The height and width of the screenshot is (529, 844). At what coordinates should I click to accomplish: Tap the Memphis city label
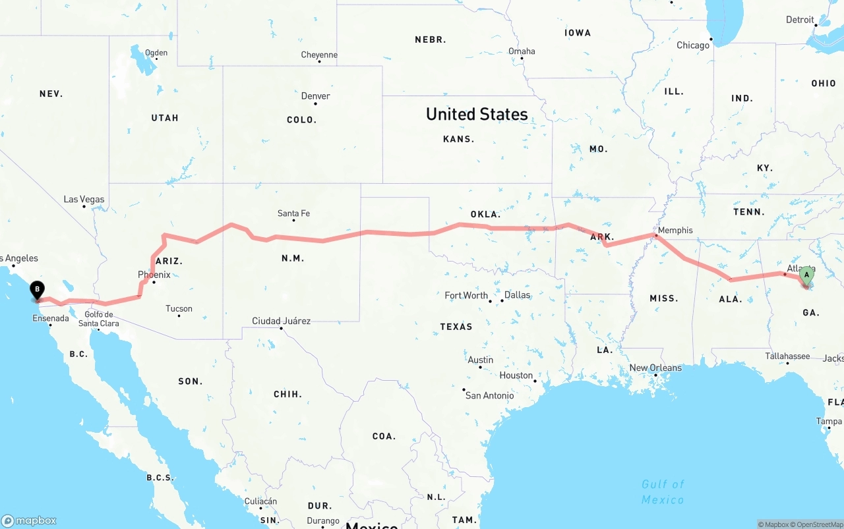[x=675, y=230]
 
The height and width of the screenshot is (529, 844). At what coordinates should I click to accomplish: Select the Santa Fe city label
[x=293, y=213]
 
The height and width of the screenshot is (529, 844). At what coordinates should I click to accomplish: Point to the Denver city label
[x=315, y=96]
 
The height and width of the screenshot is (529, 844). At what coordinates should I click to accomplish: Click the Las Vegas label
[x=84, y=199]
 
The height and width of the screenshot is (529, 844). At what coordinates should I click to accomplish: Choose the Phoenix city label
[x=154, y=274]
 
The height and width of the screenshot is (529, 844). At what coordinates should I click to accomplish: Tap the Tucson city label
[x=179, y=308]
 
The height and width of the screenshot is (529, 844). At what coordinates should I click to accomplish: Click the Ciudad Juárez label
[x=281, y=321]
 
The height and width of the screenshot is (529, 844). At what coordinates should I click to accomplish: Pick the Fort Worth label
[x=466, y=295]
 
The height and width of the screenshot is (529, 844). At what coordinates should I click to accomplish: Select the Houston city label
[x=516, y=375]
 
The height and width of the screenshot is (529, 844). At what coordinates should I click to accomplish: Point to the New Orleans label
[x=655, y=368]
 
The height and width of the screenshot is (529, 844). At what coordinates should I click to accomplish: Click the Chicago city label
[x=693, y=45]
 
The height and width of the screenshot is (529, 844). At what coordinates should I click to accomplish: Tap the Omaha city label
[x=522, y=51]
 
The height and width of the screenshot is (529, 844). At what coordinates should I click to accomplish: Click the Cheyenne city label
[x=319, y=55]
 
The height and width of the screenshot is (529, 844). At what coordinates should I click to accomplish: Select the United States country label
[x=477, y=114]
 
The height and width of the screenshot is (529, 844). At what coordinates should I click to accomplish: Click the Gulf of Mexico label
[x=663, y=491]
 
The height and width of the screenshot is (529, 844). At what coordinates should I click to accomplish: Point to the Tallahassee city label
[x=787, y=356]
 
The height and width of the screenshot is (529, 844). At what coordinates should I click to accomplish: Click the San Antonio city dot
[x=464, y=389]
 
